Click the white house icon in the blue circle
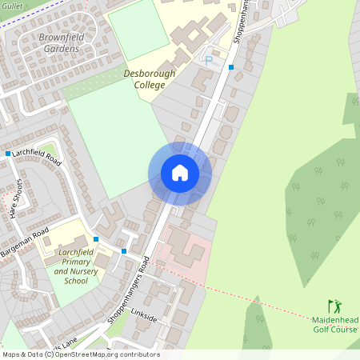(x=180, y=173)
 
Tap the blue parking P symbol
(x=209, y=59)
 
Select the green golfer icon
(x=334, y=306)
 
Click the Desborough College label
(x=150, y=78)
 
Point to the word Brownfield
(x=63, y=38)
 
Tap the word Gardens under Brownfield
(x=62, y=49)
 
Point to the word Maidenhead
(x=334, y=320)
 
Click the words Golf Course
(x=334, y=330)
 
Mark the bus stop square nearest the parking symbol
(x=231, y=67)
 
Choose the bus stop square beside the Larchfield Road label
(x=7, y=154)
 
